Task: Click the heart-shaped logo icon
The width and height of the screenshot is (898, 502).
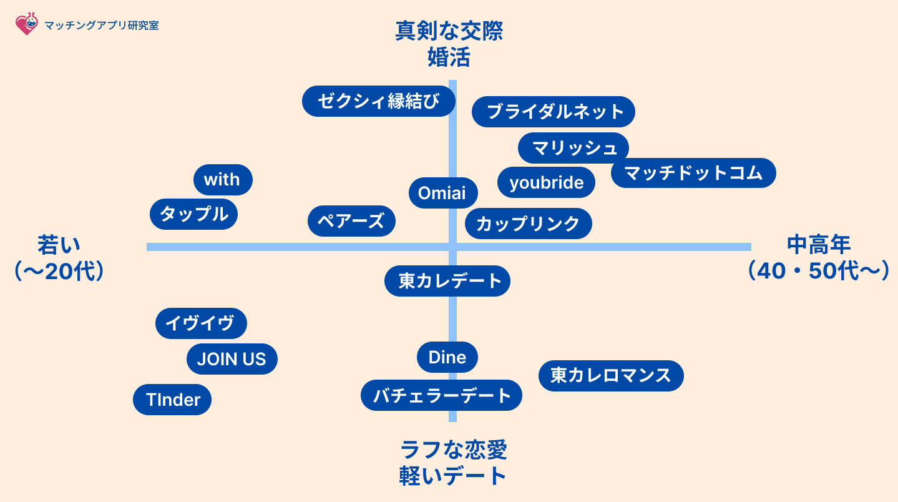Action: pyautogui.click(x=27, y=24)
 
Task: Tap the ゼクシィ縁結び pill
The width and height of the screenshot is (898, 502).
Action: pyautogui.click(x=378, y=101)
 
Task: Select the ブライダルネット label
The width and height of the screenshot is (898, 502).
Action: pyautogui.click(x=554, y=112)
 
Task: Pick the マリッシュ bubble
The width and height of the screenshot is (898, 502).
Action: pyautogui.click(x=573, y=148)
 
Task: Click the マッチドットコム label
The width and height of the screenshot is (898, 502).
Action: pyautogui.click(x=693, y=173)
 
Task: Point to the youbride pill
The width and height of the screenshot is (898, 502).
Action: pyautogui.click(x=546, y=182)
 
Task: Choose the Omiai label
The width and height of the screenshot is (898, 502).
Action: pyautogui.click(x=443, y=193)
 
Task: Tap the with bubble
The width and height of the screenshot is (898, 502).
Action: pyautogui.click(x=223, y=180)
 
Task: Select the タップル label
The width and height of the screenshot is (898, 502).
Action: pyautogui.click(x=193, y=214)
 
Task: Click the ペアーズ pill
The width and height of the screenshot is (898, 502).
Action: pyautogui.click(x=351, y=221)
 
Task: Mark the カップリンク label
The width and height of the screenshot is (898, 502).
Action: pyautogui.click(x=529, y=224)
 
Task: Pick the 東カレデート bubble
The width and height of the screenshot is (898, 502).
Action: pyautogui.click(x=447, y=281)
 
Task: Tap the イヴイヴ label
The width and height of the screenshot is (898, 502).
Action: pyautogui.click(x=201, y=323)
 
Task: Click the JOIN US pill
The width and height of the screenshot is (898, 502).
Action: pyautogui.click(x=232, y=359)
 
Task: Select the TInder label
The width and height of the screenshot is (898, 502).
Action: pyautogui.click(x=172, y=400)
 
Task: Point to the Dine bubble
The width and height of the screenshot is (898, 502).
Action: pyautogui.click(x=447, y=357)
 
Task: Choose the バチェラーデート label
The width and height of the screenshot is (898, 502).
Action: pyautogui.click(x=441, y=395)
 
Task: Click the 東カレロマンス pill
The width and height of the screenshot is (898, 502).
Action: pyautogui.click(x=611, y=376)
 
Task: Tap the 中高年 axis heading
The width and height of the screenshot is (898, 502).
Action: pyautogui.click(x=819, y=244)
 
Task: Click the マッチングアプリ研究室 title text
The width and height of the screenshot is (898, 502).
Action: pyautogui.click(x=102, y=25)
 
